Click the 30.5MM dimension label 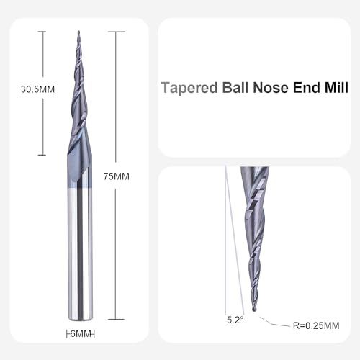pos(28,91)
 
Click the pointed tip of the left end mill pos(78,32)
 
